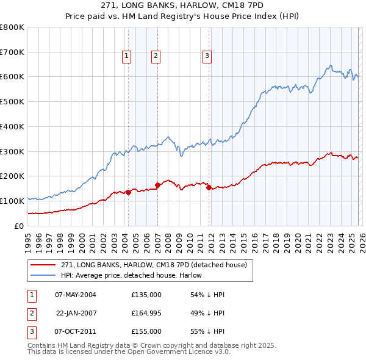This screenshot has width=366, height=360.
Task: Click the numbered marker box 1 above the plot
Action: pyautogui.click(x=127, y=57)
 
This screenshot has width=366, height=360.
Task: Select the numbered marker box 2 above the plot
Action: pyautogui.click(x=156, y=57)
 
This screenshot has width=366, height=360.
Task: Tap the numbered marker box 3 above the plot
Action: pyautogui.click(x=207, y=57)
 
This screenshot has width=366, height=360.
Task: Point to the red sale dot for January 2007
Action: pyautogui.click(x=157, y=184)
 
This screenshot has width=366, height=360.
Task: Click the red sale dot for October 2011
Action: pyautogui.click(x=209, y=187)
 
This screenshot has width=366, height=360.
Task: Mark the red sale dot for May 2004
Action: pyautogui.click(x=128, y=192)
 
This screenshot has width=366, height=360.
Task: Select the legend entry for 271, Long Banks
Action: pyautogui.click(x=154, y=265)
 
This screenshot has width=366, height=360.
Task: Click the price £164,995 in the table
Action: pyautogui.click(x=146, y=312)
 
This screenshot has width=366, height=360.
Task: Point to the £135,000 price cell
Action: pyautogui.click(x=146, y=294)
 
